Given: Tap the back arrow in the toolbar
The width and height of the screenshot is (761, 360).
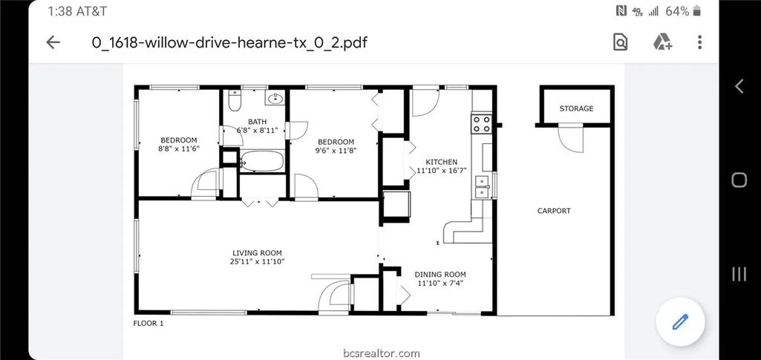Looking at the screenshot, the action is (x=53, y=42).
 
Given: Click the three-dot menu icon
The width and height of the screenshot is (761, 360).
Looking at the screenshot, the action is (x=699, y=42).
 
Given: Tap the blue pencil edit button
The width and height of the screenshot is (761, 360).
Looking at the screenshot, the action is (x=680, y=321).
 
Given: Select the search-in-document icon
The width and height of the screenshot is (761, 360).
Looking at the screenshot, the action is (x=620, y=42).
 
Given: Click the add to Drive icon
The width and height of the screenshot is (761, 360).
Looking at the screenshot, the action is (x=662, y=42).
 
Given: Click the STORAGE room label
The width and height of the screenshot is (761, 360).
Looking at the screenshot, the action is (x=576, y=108).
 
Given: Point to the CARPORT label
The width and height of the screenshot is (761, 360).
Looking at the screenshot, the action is (x=554, y=211).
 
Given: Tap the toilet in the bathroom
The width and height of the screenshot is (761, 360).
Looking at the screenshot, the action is (x=235, y=100).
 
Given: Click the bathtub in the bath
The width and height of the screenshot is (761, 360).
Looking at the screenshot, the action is (x=262, y=161).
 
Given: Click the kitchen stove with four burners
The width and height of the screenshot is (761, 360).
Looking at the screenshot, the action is (x=482, y=123).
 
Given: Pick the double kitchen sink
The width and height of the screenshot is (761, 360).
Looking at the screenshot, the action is (x=483, y=186).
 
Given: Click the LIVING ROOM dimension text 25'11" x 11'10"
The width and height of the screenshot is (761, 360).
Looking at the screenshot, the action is (x=257, y=261).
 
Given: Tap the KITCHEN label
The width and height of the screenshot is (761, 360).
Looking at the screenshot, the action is (x=441, y=162).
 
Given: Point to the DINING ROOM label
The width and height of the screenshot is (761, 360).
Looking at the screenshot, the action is (x=440, y=274).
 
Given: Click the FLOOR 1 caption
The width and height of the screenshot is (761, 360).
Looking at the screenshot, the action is (x=148, y=323).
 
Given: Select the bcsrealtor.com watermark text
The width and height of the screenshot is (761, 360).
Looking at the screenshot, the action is (x=381, y=353).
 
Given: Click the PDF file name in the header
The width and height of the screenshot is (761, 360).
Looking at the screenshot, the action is (x=229, y=42).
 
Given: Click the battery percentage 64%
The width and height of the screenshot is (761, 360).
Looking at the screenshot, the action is (x=677, y=11).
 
